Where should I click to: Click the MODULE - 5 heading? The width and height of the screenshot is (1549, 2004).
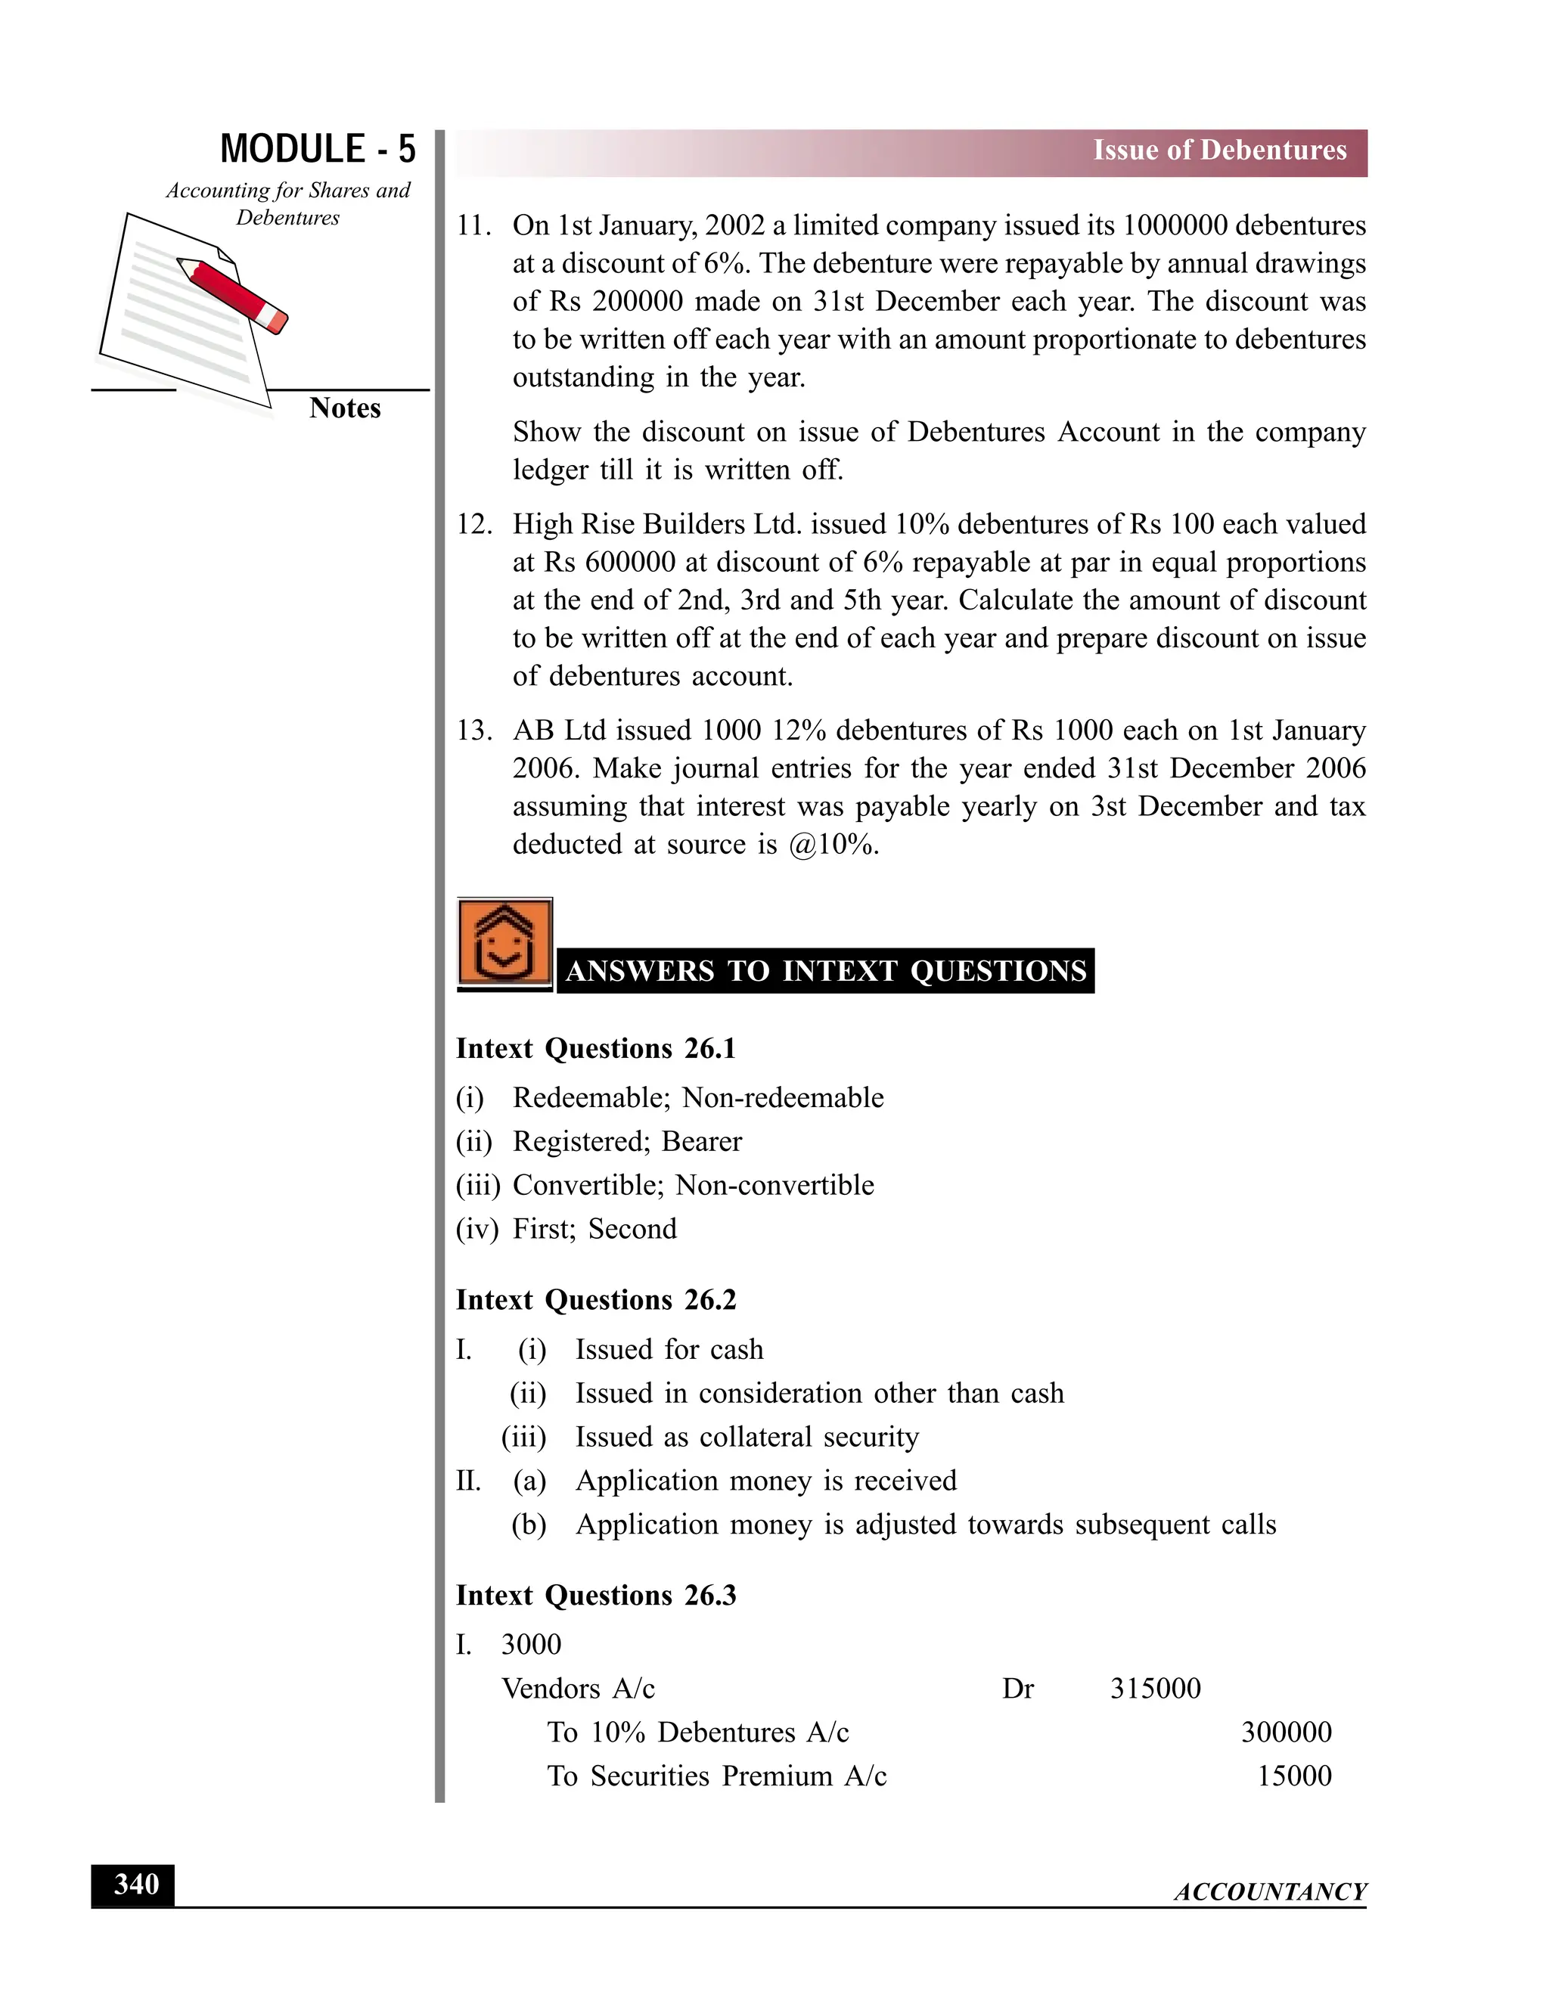point(318,149)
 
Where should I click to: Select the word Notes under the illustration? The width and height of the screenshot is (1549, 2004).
point(344,408)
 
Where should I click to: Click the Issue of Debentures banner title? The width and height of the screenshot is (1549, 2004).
point(1218,150)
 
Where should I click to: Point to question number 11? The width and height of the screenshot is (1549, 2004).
point(473,225)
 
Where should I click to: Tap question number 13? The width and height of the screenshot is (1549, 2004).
point(473,731)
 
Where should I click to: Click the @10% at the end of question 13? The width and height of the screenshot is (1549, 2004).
point(832,844)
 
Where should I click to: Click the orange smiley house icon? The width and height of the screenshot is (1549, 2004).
point(504,942)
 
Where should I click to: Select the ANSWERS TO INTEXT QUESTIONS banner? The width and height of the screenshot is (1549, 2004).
point(825,971)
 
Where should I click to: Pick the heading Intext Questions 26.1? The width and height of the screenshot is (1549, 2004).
point(595,1049)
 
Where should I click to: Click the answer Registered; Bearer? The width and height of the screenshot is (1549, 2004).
point(627,1141)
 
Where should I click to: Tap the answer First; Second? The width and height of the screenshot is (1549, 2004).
point(594,1229)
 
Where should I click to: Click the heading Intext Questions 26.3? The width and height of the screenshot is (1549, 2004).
point(595,1596)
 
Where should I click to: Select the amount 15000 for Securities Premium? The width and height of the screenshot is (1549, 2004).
point(1294,1776)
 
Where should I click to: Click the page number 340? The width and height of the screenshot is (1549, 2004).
point(134,1885)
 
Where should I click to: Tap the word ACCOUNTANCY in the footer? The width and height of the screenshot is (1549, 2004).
point(1270,1892)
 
